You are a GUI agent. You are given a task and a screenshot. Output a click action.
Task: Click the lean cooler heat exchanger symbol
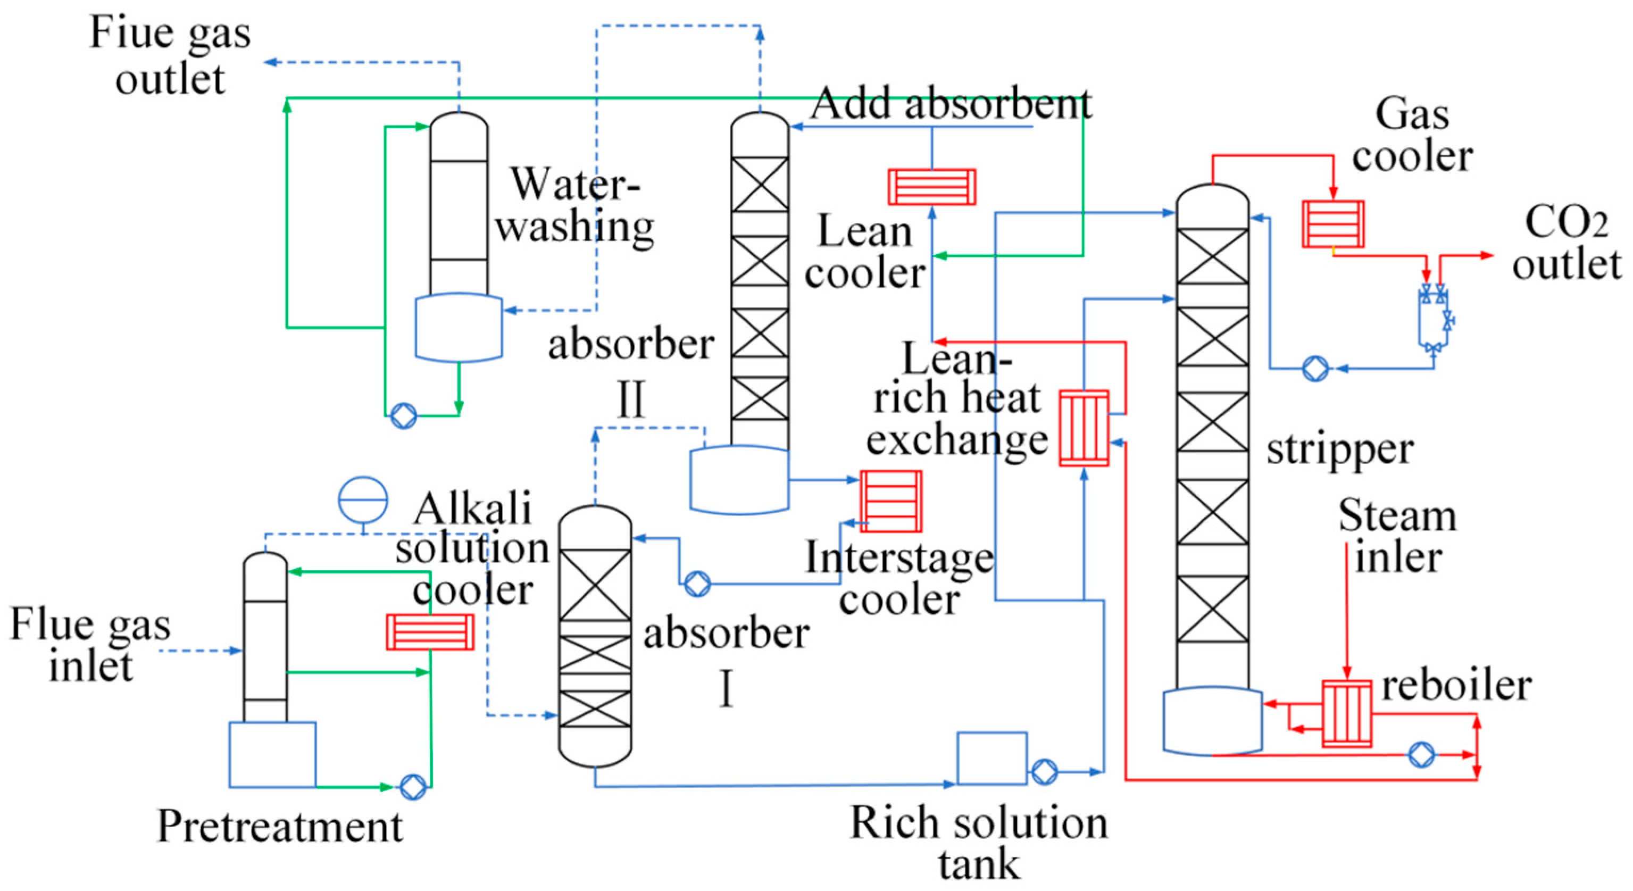click(x=931, y=186)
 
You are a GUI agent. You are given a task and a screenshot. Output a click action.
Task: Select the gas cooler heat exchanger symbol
click(x=1332, y=224)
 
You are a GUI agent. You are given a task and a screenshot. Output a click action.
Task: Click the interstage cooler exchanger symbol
click(x=890, y=501)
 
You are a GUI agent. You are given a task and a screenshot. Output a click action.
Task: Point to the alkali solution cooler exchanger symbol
click(x=430, y=631)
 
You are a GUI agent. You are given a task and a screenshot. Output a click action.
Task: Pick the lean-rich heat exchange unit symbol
click(x=1084, y=428)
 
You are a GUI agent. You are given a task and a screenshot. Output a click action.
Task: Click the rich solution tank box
click(x=992, y=759)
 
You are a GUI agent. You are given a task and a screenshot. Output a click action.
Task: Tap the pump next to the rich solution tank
click(x=1044, y=772)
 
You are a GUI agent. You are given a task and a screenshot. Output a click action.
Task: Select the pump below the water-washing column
click(x=403, y=416)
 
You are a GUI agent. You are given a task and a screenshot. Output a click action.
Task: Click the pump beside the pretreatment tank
click(x=413, y=787)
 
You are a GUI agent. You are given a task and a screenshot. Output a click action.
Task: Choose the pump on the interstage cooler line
click(x=697, y=584)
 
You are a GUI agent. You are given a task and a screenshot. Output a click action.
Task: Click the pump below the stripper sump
click(x=1421, y=755)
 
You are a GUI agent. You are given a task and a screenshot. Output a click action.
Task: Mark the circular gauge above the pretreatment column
click(x=363, y=499)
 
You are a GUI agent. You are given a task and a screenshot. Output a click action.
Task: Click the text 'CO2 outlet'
click(x=1566, y=243)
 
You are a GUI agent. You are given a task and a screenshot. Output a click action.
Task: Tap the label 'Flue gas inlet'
click(x=90, y=645)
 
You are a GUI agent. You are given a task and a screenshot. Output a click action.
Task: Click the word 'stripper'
click(x=1339, y=450)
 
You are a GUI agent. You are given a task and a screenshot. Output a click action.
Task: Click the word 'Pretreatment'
click(x=280, y=826)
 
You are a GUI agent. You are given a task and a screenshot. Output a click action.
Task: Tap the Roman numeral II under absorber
click(x=631, y=399)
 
